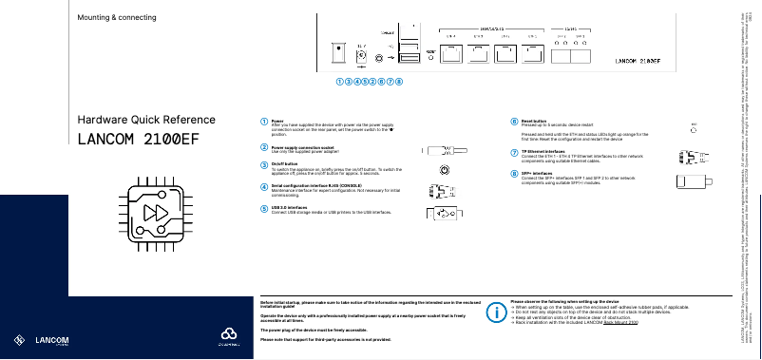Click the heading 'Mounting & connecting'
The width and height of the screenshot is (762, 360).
[117, 18]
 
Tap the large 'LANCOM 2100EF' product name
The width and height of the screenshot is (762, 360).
[139, 140]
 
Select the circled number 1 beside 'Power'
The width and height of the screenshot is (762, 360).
[264, 122]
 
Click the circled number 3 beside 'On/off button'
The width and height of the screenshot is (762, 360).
[264, 163]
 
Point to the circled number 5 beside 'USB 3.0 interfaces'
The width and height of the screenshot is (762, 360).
[264, 206]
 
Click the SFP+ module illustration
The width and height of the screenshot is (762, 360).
[692, 180]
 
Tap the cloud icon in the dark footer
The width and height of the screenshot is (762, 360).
[227, 333]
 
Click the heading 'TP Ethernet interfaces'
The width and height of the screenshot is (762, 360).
[543, 151]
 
